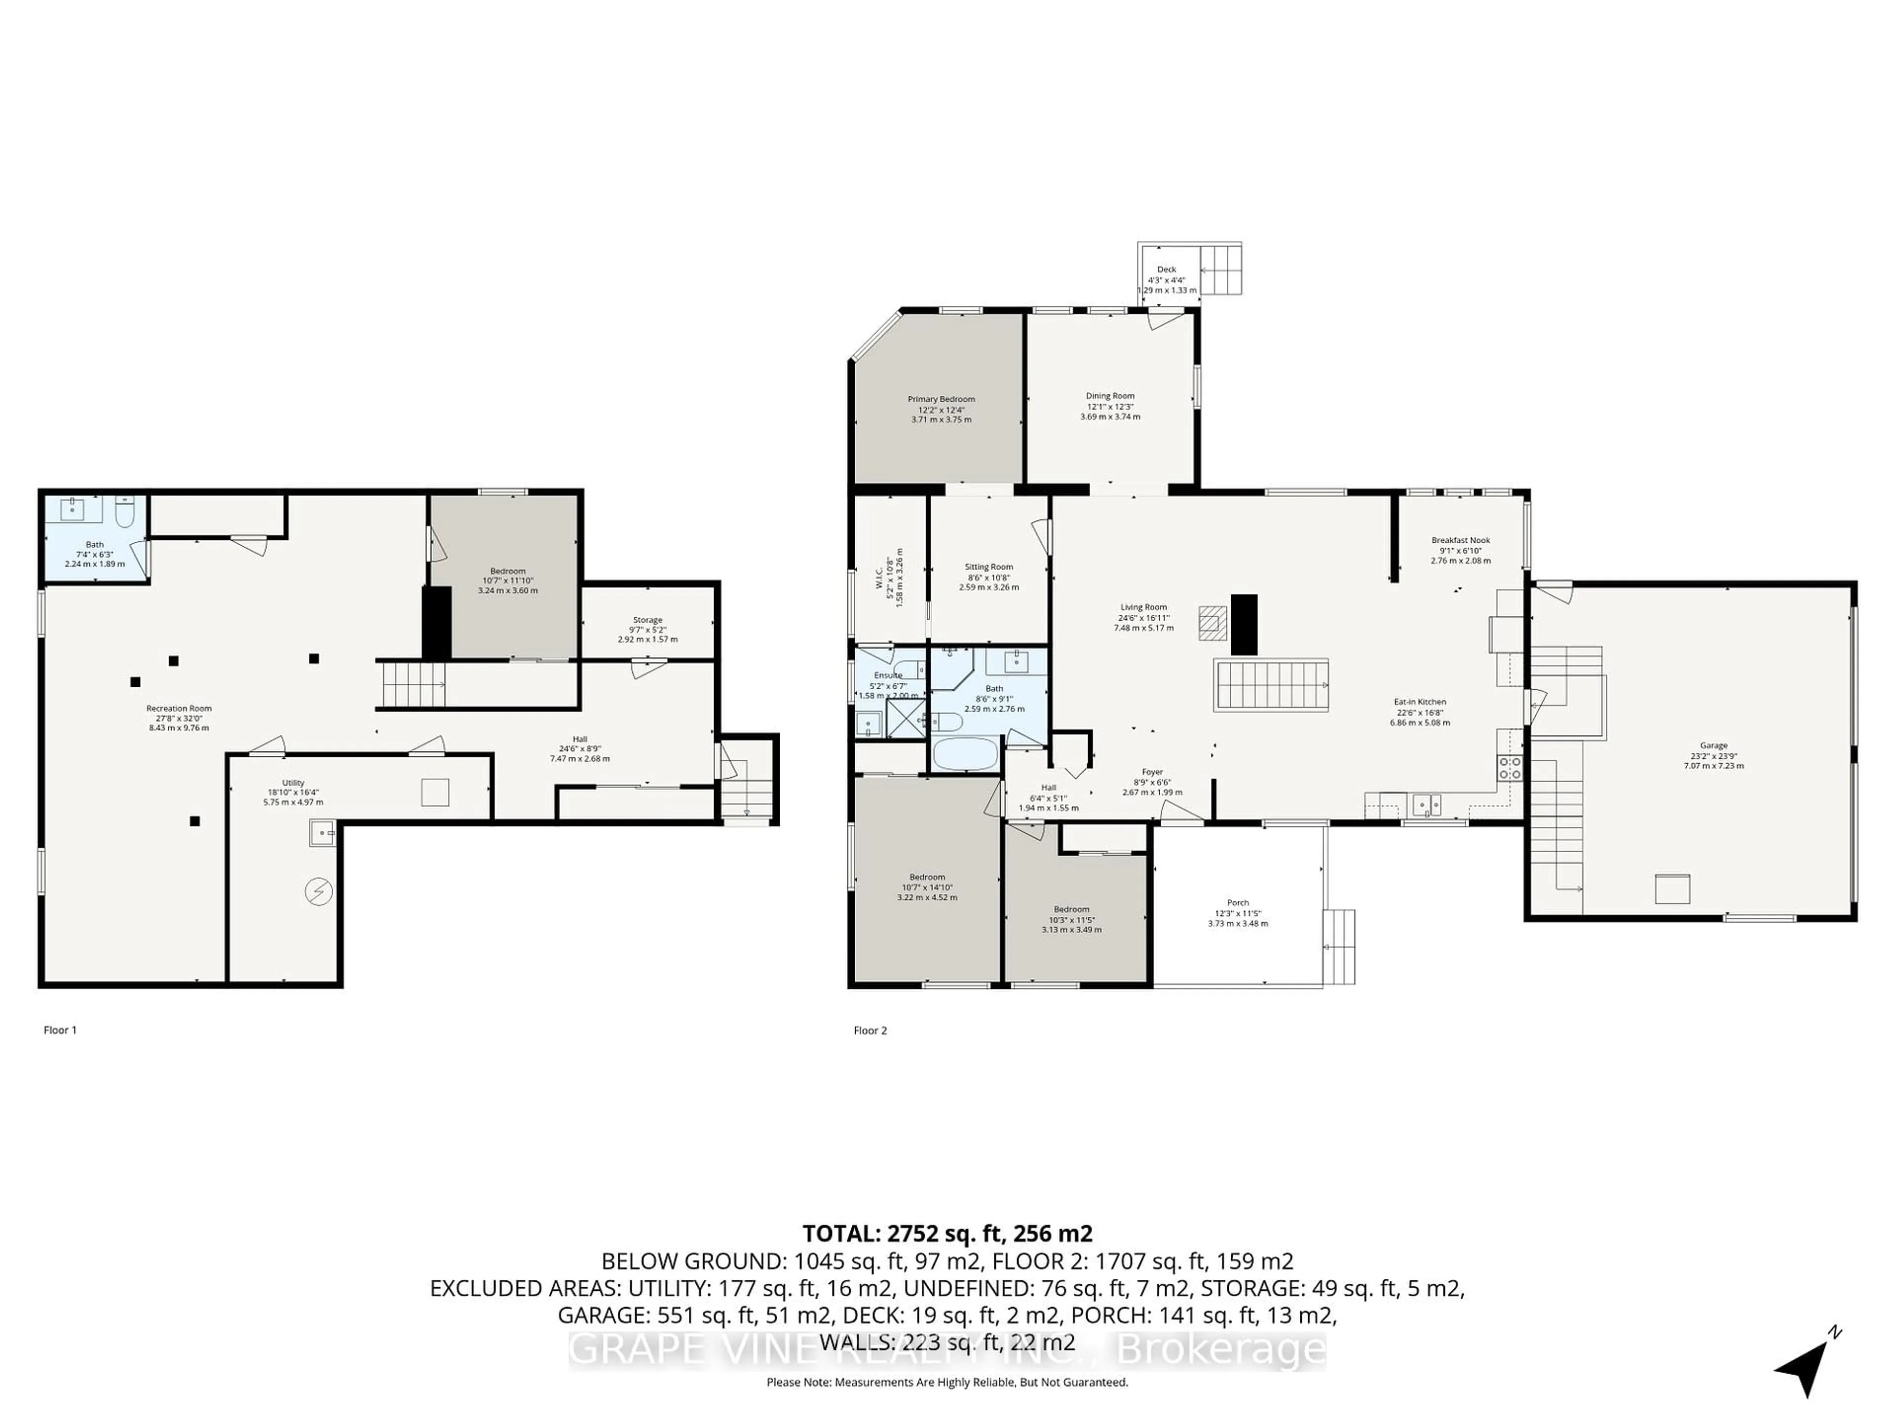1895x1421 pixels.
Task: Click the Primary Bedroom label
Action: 941,399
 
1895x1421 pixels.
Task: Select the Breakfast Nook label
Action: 1460,540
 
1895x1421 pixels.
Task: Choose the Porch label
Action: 1237,903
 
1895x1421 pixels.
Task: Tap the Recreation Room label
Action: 178,709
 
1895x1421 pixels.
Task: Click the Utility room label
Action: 293,783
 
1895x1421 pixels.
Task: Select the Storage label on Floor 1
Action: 647,620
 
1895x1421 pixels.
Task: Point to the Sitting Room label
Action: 988,567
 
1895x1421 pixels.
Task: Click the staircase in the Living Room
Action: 1270,685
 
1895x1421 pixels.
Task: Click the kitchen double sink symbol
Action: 1426,805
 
